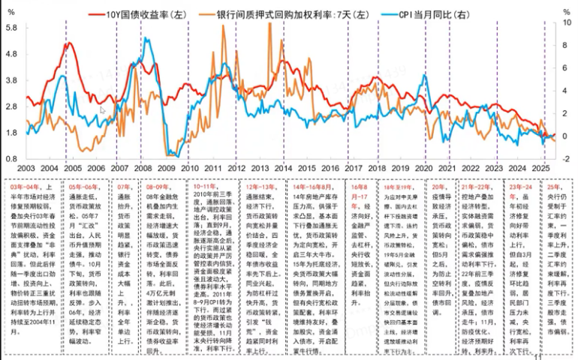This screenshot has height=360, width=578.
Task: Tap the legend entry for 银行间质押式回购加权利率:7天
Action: pyautogui.click(x=284, y=13)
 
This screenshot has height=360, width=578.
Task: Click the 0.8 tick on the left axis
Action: pyautogui.click(x=13, y=158)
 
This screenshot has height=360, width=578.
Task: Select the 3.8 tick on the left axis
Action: pyautogui.click(x=13, y=79)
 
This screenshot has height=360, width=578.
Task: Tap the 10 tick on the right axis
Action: pyautogui.click(x=564, y=22)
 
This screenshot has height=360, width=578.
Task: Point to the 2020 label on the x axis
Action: pyautogui.click(x=425, y=170)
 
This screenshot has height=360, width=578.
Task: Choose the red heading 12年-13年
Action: pyautogui.click(x=260, y=184)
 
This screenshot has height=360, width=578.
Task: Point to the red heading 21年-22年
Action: pyautogui.click(x=478, y=185)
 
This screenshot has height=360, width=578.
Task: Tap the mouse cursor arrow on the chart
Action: pyautogui.click(x=104, y=109)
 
